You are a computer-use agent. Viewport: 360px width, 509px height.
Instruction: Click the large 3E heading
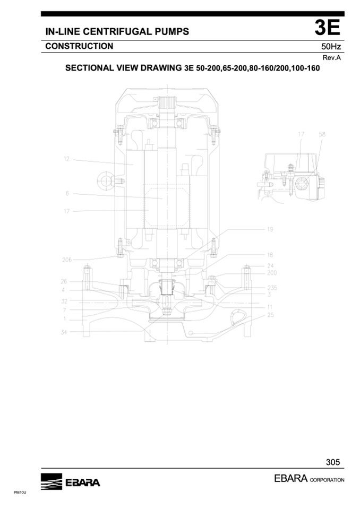coord(327,28)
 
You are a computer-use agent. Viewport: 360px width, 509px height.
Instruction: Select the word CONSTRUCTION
coord(79,46)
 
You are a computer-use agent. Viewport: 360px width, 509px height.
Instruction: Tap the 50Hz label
coord(331,46)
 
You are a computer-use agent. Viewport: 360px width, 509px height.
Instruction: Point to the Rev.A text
coord(332,58)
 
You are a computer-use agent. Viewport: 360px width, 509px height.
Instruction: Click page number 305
coord(333,462)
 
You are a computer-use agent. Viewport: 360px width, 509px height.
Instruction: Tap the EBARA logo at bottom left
coord(71,481)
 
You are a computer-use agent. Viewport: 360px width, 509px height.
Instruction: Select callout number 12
coord(66,159)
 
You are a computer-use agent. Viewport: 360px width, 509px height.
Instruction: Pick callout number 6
coord(67,194)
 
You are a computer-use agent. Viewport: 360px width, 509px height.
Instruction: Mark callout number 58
coord(322,134)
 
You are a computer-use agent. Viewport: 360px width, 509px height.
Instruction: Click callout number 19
coord(270,229)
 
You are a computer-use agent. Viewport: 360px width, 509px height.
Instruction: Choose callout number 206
coord(67,260)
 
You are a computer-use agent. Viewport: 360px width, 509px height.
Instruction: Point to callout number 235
coord(272,288)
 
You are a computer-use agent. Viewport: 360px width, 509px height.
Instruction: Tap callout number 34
coord(64,332)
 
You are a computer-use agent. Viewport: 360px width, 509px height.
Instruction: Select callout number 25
coord(270,315)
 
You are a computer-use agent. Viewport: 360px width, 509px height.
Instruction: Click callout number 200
coord(272,273)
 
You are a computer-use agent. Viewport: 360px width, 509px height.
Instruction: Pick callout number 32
coord(64,301)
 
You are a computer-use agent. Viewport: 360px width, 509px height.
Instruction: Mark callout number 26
coord(64,281)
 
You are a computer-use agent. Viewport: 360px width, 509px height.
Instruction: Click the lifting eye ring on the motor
coord(105,179)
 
